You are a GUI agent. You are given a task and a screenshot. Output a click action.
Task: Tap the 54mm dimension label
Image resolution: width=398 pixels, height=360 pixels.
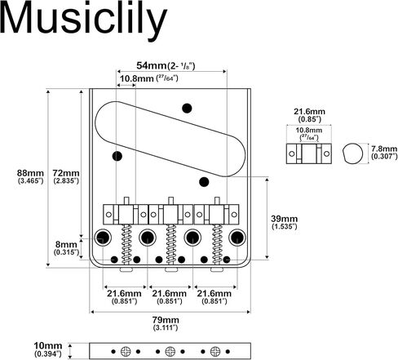tap(166, 65)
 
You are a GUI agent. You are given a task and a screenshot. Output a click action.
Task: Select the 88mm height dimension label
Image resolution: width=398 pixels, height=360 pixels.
tap(30, 176)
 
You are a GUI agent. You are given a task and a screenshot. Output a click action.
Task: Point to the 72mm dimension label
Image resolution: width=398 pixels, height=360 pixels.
tap(66, 176)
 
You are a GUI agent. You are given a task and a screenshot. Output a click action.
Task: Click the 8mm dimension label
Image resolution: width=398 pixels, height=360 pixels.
tap(66, 248)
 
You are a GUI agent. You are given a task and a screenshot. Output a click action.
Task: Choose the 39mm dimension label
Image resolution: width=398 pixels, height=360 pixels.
tap(284, 222)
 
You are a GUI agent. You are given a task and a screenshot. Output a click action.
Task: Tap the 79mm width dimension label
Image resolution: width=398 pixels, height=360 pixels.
tap(166, 323)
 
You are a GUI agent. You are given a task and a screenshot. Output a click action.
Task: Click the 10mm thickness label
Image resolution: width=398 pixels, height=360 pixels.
tap(48, 349)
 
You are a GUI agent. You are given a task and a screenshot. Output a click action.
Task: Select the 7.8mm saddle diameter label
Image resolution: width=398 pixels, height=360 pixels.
tap(384, 153)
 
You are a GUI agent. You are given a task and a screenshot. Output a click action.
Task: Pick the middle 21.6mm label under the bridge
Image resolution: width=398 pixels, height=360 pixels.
tap(170, 297)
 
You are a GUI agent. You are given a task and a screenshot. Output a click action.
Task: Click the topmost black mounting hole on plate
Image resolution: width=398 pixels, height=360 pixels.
tap(187, 108)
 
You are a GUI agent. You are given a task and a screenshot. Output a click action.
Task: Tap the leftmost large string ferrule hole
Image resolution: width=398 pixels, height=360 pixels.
tap(103, 238)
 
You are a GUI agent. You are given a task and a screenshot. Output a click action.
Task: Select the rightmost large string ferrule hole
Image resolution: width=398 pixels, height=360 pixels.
tap(237, 238)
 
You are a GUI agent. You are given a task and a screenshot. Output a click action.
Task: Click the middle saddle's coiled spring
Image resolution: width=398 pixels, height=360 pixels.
tap(171, 244)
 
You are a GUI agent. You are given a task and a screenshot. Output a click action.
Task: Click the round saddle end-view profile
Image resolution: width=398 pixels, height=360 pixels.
tap(352, 153)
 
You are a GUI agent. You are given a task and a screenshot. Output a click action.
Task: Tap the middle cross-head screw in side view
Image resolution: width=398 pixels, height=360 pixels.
tap(170, 351)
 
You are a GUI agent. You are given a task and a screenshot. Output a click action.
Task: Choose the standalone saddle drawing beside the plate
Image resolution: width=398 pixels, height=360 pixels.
tap(309, 153)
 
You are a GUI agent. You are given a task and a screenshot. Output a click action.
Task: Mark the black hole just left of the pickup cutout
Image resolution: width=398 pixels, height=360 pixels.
tap(117, 156)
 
